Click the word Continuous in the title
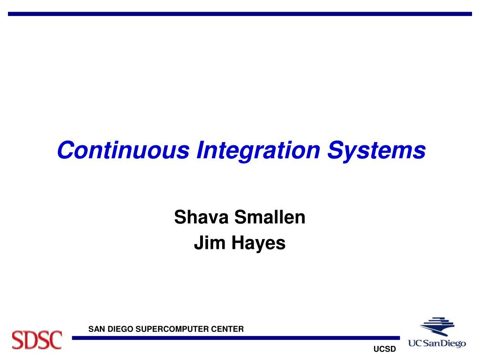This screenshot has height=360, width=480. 123,150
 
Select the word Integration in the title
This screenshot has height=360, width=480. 258,151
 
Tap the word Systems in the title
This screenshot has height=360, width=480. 376,151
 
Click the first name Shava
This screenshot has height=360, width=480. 201,217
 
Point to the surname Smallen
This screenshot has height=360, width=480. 270,217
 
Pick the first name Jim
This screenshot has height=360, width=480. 210,243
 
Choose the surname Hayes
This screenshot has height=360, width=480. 259,244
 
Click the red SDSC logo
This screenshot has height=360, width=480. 37,340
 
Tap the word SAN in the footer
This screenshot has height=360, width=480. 97,329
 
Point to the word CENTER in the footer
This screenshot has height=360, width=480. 227,329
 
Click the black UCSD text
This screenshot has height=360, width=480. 384,349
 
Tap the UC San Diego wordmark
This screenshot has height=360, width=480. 437,343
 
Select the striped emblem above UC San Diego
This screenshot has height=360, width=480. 437,326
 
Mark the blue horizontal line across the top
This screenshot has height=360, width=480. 240,14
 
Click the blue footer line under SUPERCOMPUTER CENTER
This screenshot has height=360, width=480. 236,338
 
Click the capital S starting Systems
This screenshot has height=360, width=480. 337,150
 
